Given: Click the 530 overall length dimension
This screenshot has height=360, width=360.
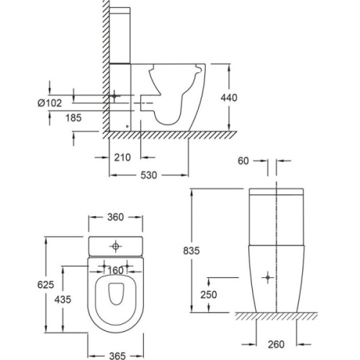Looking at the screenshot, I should click(x=148, y=175).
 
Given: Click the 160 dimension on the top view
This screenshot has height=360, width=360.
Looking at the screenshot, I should click(x=115, y=271).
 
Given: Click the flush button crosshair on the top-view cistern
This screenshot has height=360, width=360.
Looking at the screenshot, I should click(x=115, y=247).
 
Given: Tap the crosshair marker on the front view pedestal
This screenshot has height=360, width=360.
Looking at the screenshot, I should click(x=268, y=276).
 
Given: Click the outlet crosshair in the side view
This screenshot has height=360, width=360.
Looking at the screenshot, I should click(x=113, y=95).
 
